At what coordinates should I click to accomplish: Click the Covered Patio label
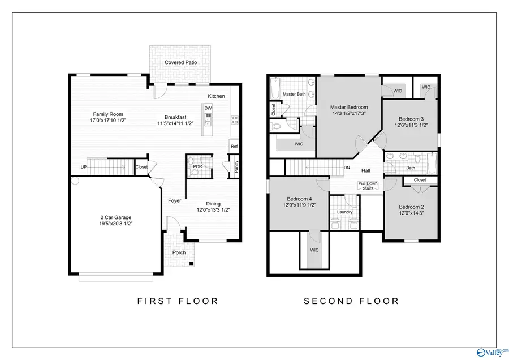180,62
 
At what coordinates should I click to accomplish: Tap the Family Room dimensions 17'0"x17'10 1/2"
108,121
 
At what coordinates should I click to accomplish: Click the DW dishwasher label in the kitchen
208,108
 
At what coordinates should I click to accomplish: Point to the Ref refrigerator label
234,147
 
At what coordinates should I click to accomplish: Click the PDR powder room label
197,167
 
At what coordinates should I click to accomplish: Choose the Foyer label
175,201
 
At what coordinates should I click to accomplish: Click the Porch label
179,252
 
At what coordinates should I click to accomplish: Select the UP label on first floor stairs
84,167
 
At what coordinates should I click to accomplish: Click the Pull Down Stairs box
367,186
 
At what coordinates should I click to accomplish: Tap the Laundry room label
345,212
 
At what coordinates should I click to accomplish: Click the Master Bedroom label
349,107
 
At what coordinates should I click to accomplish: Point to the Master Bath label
294,94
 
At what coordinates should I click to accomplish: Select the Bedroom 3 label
411,119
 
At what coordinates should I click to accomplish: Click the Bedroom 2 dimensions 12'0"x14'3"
411,214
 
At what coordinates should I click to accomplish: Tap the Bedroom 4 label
299,199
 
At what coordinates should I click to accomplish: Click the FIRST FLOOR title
178,301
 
